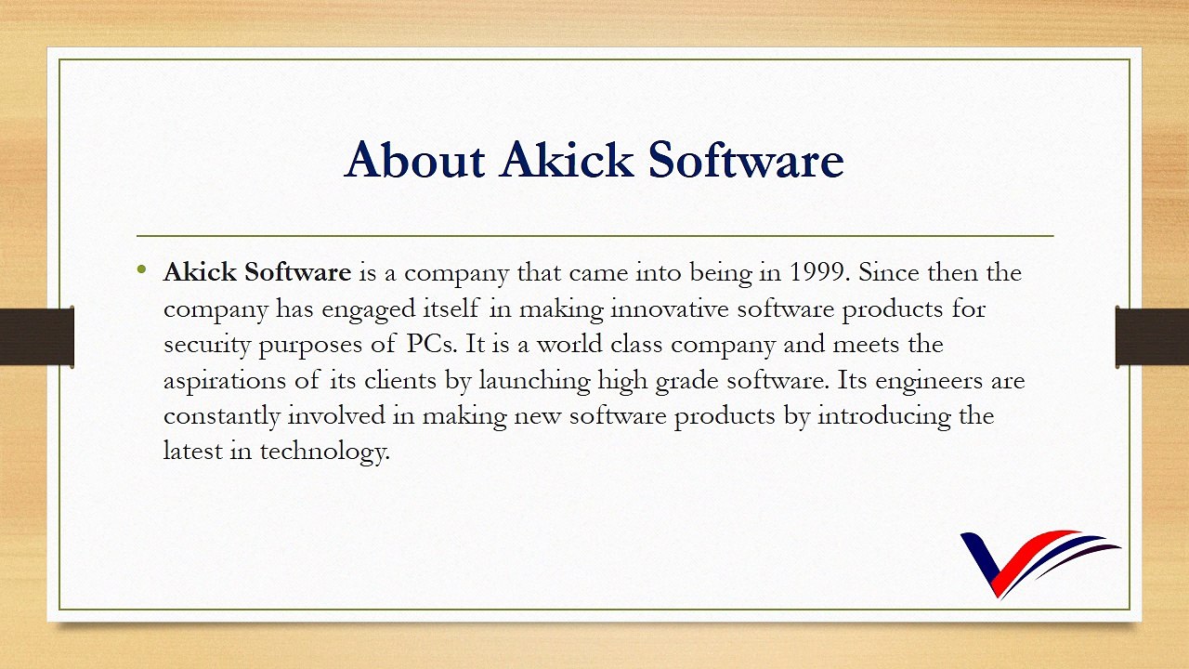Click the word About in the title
(x=414, y=160)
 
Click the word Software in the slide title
(x=745, y=160)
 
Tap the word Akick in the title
(x=567, y=160)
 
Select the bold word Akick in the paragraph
(x=200, y=272)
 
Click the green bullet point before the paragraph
(x=141, y=271)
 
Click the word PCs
(x=431, y=344)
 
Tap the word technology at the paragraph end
(x=323, y=452)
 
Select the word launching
(x=534, y=380)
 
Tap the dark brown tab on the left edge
(x=36, y=336)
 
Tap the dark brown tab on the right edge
(x=1152, y=336)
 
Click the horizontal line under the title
(x=594, y=236)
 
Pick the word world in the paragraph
(x=570, y=344)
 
